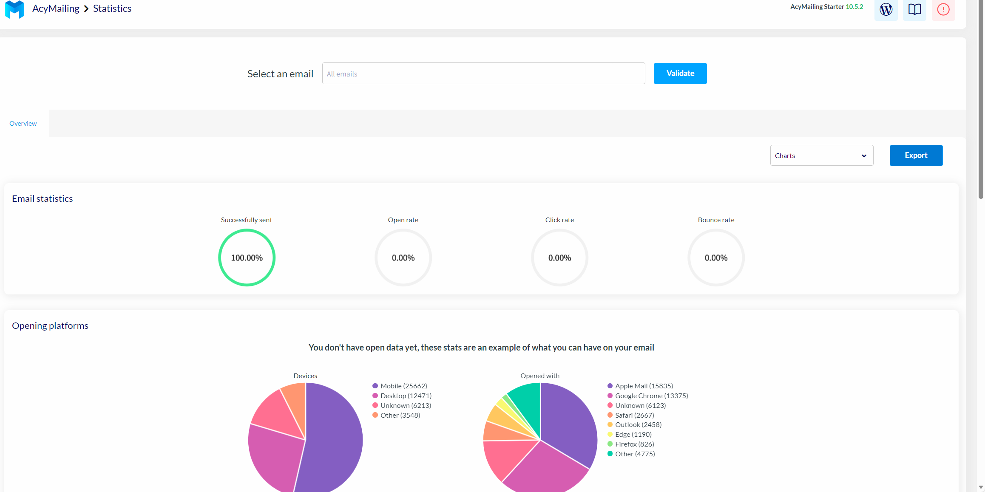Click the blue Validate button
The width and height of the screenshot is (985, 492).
tap(680, 74)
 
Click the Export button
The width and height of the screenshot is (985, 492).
tap(916, 156)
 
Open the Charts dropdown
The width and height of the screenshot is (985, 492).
tap(821, 156)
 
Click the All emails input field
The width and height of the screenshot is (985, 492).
tap(483, 74)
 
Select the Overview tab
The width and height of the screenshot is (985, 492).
tap(23, 124)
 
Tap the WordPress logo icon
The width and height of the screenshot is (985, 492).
tap(886, 9)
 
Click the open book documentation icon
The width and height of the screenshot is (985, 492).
tap(914, 9)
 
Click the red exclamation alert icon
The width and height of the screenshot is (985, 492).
tap(943, 9)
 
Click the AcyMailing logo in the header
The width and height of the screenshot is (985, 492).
tap(14, 9)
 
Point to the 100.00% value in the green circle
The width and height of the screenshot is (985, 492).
tap(247, 258)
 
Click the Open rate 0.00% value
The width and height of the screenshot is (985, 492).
tap(403, 258)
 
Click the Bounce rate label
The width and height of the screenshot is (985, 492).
tap(716, 220)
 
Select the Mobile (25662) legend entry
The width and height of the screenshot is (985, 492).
tap(403, 386)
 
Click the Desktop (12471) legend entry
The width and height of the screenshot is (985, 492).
tap(406, 396)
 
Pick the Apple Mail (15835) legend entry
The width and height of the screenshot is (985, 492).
tap(644, 386)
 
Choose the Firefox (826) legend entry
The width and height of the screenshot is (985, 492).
tap(634, 444)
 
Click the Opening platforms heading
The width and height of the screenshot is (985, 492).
tap(50, 326)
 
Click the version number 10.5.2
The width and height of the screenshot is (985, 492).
tap(854, 7)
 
